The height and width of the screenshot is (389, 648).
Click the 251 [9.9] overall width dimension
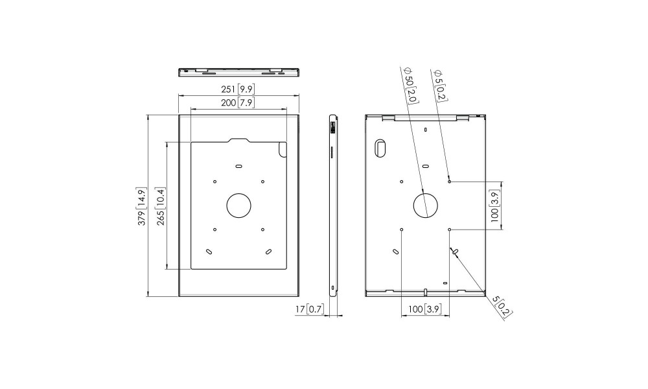pos(238,89)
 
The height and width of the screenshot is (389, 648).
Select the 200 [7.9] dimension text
pos(237,102)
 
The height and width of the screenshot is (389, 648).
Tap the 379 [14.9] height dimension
pos(142,207)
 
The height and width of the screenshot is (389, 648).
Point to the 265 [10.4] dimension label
pos(161,206)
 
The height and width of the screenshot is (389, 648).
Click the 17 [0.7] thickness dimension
pos(310,309)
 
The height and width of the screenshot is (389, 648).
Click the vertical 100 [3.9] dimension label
pos(494,206)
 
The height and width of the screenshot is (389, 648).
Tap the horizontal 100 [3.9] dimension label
pos(425,309)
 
